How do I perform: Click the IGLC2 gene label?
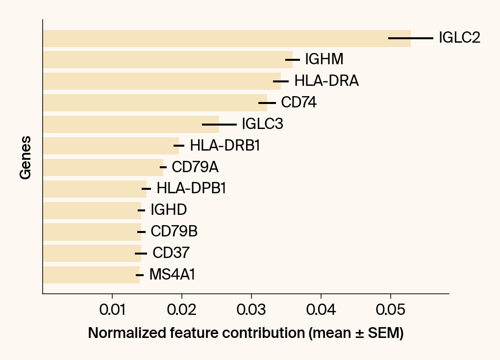(x=459, y=38)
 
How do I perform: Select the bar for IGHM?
(x=167, y=60)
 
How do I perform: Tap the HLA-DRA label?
(x=326, y=81)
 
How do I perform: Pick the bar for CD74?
(x=154, y=103)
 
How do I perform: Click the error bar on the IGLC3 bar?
(x=219, y=124)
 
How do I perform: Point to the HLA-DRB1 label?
(x=225, y=146)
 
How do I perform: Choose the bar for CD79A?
(x=103, y=167)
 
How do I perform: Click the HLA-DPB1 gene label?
(x=191, y=188)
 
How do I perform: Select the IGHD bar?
(x=92, y=210)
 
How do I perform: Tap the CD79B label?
(x=174, y=231)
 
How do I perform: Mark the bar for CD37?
(x=92, y=253)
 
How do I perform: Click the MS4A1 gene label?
(x=172, y=275)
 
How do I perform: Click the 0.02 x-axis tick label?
(x=182, y=311)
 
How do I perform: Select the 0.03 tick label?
(x=251, y=311)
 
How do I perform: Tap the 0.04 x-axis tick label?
(x=321, y=311)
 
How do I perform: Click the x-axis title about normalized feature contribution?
(x=246, y=334)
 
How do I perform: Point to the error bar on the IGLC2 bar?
(x=411, y=38)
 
